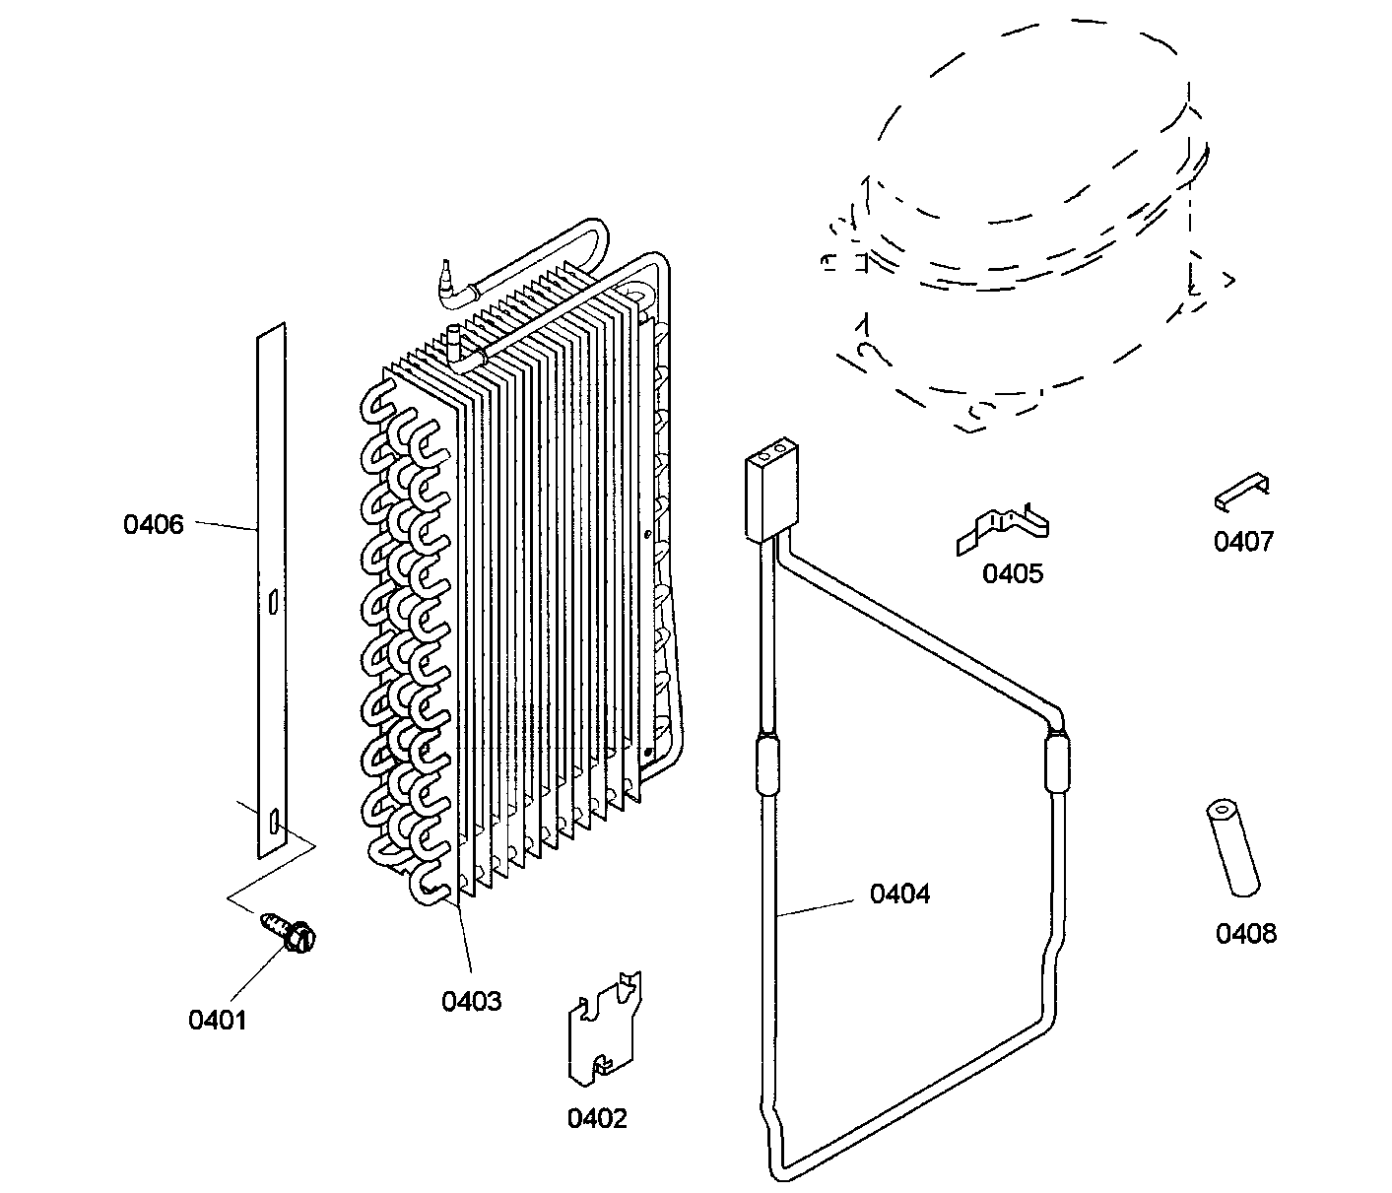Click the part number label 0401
coord(217,1020)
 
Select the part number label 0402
coord(596,1118)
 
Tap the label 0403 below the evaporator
coord(471,1001)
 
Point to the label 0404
coord(898,894)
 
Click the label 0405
coord(1012,573)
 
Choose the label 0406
coord(154,524)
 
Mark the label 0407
coord(1243,541)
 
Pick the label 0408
coord(1245,933)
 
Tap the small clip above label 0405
coord(1003,529)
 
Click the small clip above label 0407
coord(1241,491)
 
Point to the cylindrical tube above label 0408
coord(1231,848)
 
